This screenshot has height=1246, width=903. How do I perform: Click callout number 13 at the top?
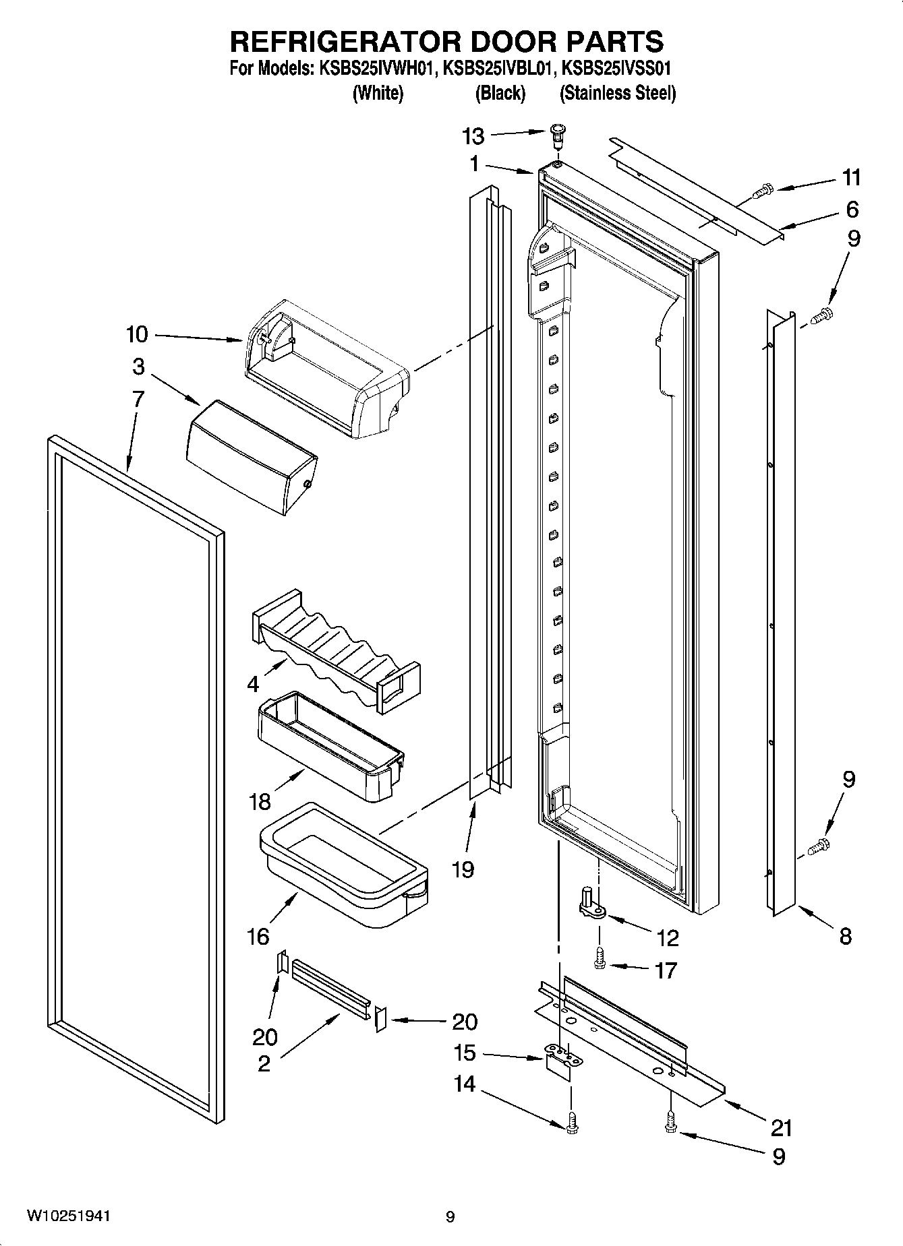point(473,137)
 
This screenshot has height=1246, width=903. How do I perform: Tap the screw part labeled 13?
point(556,138)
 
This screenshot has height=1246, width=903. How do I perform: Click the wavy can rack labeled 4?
point(335,650)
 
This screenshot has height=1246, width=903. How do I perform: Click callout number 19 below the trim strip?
point(463,869)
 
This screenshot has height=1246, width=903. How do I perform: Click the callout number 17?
point(665,970)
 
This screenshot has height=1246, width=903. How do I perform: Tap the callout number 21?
point(780,1127)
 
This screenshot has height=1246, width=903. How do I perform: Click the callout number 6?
point(852,210)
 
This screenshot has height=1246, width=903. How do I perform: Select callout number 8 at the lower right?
point(845,935)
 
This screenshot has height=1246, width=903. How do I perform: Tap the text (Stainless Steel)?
point(617,93)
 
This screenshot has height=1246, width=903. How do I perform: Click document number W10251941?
point(69,1216)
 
